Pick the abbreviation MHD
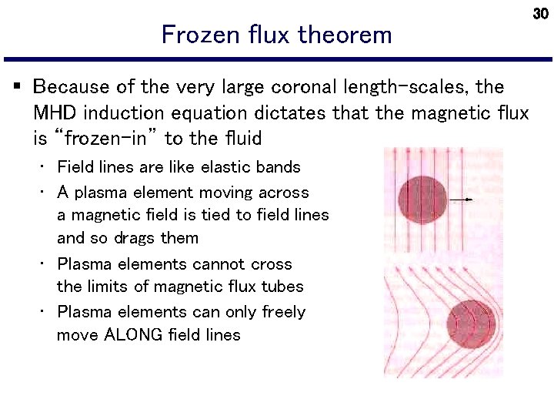click(55, 113)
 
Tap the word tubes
click(282, 287)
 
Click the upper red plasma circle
click(422, 200)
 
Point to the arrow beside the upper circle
click(461, 200)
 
